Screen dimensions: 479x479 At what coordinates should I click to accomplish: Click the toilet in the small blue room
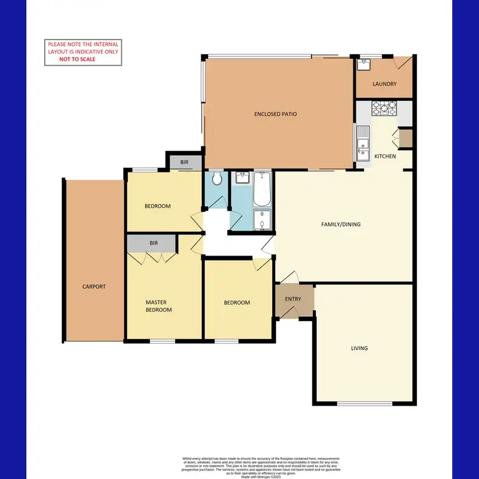(218, 179)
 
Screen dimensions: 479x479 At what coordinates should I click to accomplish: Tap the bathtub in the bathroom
(262, 189)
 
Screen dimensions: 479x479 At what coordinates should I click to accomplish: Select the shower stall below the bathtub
(262, 220)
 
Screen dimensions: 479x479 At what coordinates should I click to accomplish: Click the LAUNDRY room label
(385, 84)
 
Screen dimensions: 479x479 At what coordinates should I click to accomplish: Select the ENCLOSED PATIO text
(275, 114)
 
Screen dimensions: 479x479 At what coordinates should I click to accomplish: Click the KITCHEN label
(385, 156)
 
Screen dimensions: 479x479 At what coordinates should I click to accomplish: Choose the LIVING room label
(359, 348)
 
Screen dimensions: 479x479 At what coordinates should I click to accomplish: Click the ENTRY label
(293, 299)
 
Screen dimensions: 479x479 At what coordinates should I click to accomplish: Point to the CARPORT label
(94, 287)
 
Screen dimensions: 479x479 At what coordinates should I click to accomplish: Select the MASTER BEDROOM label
(158, 306)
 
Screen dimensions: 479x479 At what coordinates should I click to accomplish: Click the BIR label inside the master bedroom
(153, 243)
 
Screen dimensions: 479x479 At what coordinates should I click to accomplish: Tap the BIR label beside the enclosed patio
(184, 163)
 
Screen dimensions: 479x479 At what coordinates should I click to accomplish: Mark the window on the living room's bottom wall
(365, 404)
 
